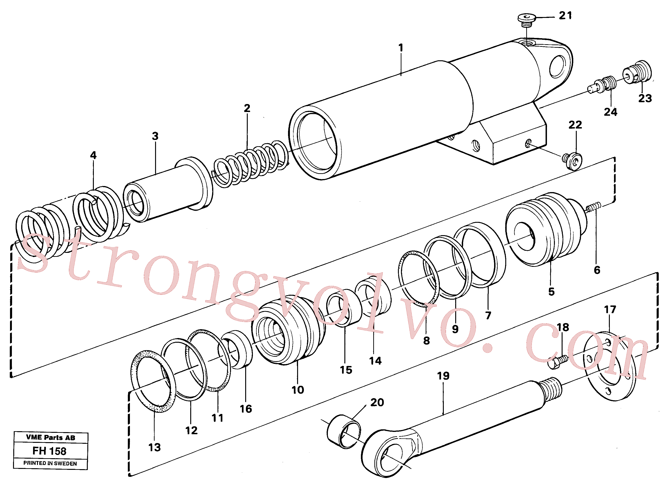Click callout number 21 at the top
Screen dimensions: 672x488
point(565,15)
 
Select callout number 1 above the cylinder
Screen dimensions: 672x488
point(400,47)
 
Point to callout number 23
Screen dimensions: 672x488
point(645,98)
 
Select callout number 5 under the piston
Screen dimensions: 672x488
point(551,291)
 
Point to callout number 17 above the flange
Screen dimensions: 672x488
point(610,310)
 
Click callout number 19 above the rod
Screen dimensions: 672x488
point(443,376)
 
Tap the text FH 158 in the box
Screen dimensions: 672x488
point(50,451)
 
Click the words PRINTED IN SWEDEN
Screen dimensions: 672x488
point(50,463)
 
